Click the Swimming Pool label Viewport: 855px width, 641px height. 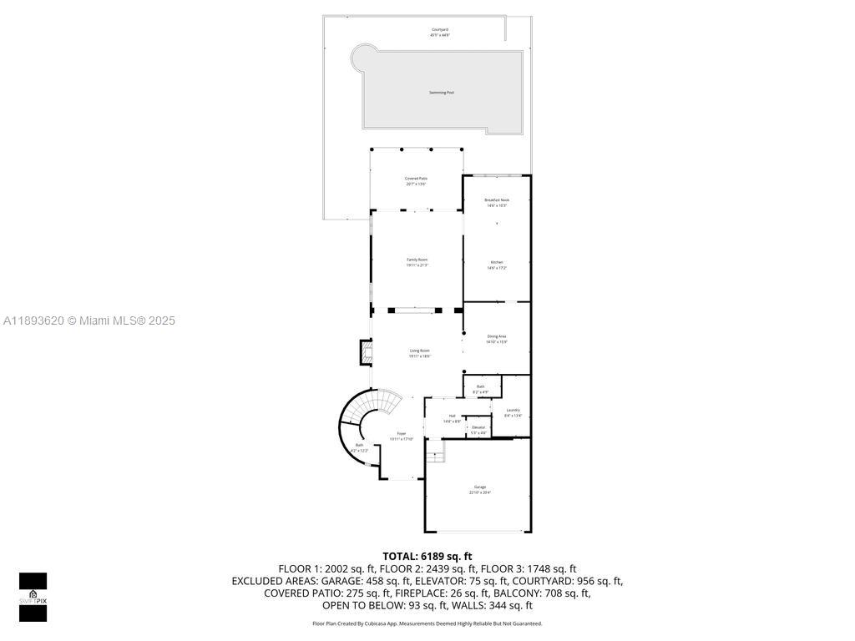[x=442, y=93]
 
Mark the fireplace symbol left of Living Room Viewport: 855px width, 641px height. [x=366, y=352]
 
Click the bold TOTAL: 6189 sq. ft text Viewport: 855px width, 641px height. [x=427, y=556]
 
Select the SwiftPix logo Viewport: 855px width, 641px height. [x=33, y=597]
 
